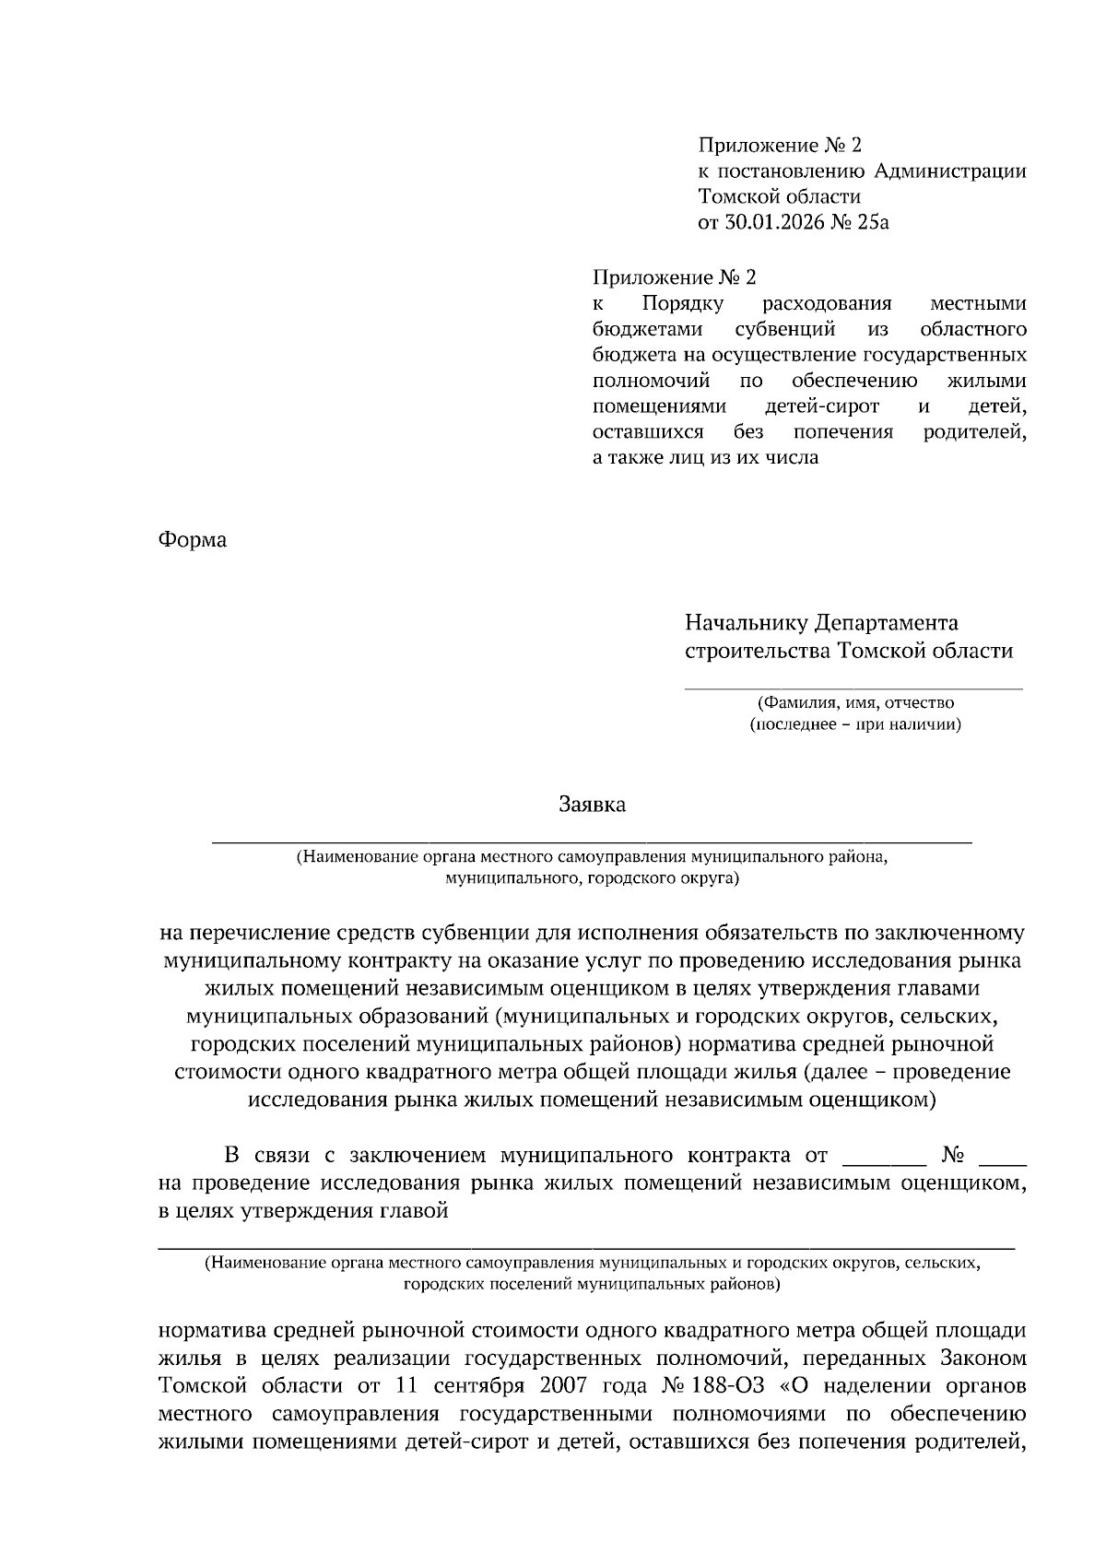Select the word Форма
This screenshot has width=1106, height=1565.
coord(193,540)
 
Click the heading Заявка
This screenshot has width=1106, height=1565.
coord(592,805)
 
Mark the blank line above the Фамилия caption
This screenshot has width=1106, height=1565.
coord(853,688)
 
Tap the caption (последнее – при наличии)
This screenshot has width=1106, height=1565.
coord(855,724)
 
